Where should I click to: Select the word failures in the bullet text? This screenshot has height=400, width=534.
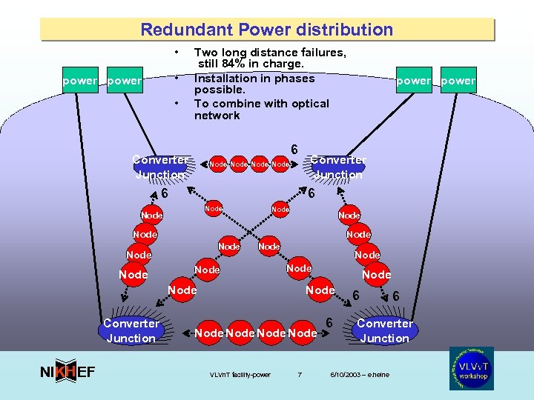[x=320, y=53]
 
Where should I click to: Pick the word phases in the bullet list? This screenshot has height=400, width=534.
[x=293, y=79]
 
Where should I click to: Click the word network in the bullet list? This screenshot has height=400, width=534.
[x=217, y=116]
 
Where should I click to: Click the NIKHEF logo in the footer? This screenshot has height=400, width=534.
[x=67, y=371]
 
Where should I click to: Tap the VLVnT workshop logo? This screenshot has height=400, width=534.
[x=472, y=368]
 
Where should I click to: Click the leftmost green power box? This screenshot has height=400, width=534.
[x=79, y=81]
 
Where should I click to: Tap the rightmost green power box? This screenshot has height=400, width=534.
[x=458, y=81]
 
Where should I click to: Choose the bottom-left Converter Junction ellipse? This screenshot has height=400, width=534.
[x=131, y=330]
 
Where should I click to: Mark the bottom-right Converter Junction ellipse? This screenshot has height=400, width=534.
[x=384, y=330]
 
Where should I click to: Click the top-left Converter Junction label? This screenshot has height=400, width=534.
[x=159, y=167]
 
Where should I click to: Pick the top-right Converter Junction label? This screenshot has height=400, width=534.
[x=337, y=167]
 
